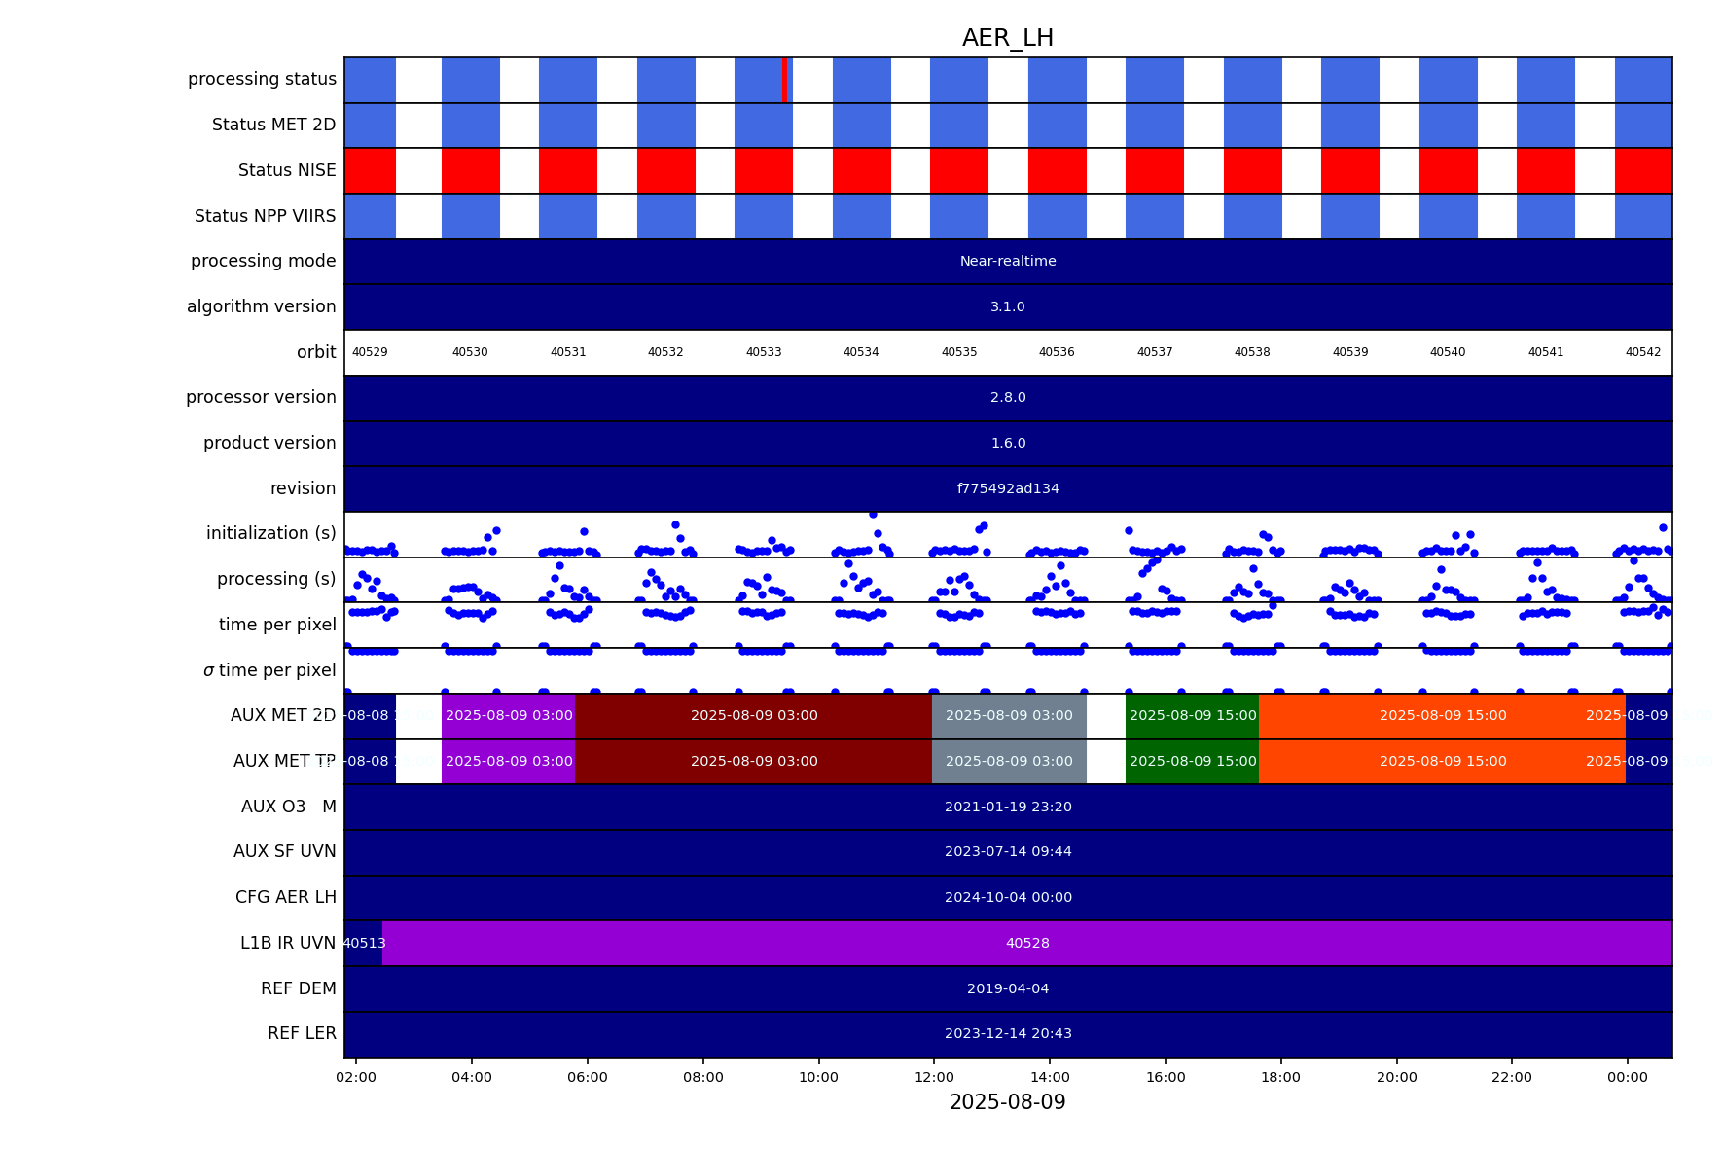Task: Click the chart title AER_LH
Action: (x=1007, y=38)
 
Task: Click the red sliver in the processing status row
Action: (x=784, y=80)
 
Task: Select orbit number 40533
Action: (x=764, y=352)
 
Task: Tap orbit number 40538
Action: (x=1252, y=352)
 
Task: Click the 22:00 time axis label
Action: (x=1511, y=1077)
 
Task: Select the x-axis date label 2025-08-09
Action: (x=1007, y=1102)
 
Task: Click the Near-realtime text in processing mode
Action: (x=1007, y=262)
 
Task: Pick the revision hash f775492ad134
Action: (x=1007, y=488)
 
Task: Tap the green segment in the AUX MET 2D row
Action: (x=1192, y=716)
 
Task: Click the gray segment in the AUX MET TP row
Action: (x=1009, y=762)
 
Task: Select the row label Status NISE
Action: (x=287, y=171)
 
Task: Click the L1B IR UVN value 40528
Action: (x=1027, y=944)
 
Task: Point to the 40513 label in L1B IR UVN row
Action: (x=364, y=944)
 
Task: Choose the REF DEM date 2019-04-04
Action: (x=1007, y=988)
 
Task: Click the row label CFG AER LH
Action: (x=285, y=897)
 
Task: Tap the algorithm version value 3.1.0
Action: (x=1007, y=307)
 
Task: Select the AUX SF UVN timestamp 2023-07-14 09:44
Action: (x=1007, y=852)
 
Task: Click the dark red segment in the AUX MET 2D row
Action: (x=754, y=716)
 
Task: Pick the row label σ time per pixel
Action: (x=269, y=670)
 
